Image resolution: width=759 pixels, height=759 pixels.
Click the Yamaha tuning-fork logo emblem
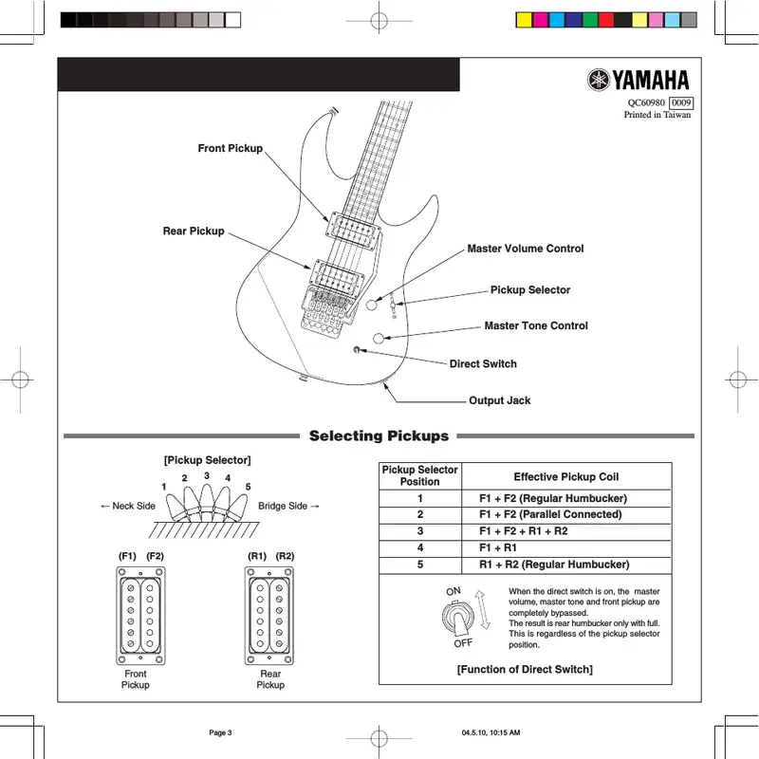click(x=598, y=81)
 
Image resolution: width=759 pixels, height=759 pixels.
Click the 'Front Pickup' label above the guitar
click(x=230, y=149)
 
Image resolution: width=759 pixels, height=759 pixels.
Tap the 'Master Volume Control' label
click(x=525, y=249)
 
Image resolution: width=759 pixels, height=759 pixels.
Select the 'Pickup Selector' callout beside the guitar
click(x=530, y=290)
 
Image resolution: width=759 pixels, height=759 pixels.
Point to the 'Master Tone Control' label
click(x=536, y=326)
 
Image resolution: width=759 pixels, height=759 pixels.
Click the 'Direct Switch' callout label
click(x=483, y=364)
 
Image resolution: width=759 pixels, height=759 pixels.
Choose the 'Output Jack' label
click(x=499, y=400)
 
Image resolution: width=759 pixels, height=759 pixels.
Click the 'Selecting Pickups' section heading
click(x=379, y=436)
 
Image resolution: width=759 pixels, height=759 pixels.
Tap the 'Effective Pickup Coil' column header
click(x=565, y=476)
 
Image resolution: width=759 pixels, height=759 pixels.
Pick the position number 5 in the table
click(x=419, y=565)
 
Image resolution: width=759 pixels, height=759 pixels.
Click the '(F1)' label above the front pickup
click(x=128, y=555)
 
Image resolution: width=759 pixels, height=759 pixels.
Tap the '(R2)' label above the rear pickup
click(x=285, y=555)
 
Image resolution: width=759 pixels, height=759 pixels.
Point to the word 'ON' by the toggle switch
click(x=453, y=591)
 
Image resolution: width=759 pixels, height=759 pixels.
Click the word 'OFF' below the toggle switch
click(x=463, y=643)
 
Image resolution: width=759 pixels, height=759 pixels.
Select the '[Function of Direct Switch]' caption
click(x=525, y=670)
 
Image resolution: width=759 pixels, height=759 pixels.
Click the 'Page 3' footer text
click(x=219, y=732)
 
